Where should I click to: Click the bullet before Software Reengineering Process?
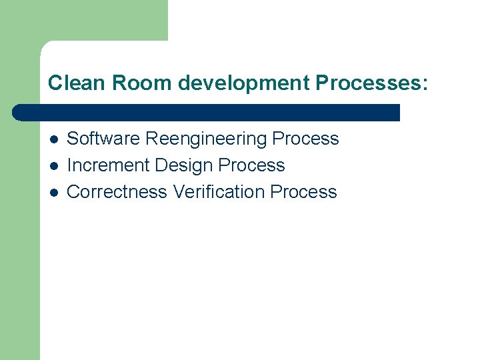coord(53,139)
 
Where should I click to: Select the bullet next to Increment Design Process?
coord(53,166)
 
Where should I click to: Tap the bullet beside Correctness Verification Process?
coord(53,193)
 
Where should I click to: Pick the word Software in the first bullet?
coord(103,139)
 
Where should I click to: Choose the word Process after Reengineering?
coord(306,139)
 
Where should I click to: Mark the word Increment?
coord(108,165)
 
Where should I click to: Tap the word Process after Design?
coord(252,165)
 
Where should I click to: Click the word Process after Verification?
coord(304,192)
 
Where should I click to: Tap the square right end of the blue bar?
coord(395,113)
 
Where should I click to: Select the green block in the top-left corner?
coord(83,20)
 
